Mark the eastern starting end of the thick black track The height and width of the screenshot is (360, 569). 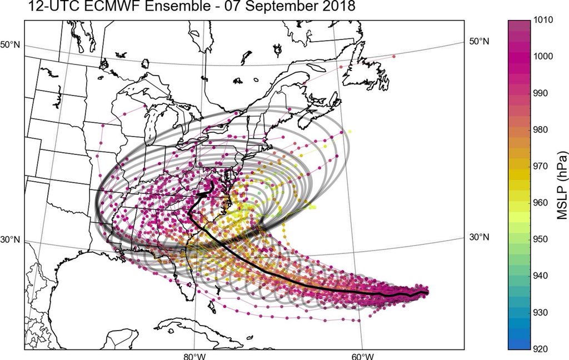click(x=427, y=292)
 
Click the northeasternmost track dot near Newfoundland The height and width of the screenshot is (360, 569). click(x=394, y=57)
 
